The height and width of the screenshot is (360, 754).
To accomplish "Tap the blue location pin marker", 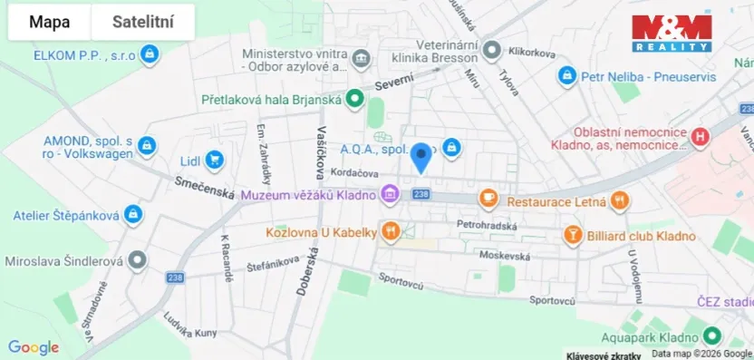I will (420, 157).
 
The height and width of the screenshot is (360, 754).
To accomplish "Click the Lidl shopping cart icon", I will (214, 161).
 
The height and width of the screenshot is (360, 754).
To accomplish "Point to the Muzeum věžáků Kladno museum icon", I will (390, 193).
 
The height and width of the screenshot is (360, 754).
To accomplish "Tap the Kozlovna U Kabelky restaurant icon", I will (391, 232).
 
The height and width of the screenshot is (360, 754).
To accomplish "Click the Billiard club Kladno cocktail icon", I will (573, 236).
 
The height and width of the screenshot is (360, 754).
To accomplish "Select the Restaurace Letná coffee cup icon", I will (488, 198).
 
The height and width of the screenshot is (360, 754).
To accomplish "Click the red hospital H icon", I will (699, 138).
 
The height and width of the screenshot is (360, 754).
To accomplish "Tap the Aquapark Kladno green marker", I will (712, 335).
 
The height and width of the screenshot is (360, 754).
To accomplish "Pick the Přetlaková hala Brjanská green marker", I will (356, 99).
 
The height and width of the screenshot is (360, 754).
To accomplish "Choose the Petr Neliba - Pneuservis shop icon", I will (567, 76).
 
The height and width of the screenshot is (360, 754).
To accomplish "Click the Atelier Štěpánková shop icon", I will (133, 215).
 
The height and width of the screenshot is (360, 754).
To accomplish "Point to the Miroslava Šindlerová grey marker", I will (137, 261).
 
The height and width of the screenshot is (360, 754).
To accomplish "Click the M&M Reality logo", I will (672, 33).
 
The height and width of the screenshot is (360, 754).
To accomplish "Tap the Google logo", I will (34, 347).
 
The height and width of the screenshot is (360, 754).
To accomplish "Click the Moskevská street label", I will (506, 256).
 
